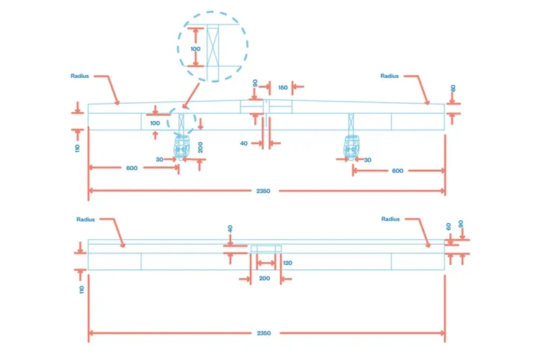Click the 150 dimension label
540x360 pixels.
tap(283, 88)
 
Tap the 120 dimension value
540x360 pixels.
tap(287, 263)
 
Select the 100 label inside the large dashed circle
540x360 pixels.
tap(195, 49)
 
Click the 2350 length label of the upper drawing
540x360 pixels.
tap(263, 191)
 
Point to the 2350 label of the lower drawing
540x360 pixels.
tap(264, 333)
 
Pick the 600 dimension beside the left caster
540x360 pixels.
tap(132, 168)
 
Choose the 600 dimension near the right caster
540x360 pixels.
tap(397, 171)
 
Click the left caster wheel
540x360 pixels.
tap(181, 148)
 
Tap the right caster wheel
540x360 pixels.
tap(351, 148)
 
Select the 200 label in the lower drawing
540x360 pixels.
tap(264, 279)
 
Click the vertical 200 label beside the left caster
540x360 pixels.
tap(200, 147)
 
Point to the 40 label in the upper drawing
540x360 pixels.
tap(244, 143)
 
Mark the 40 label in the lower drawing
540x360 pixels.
tap(230, 229)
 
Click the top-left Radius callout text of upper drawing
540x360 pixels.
tap(79, 76)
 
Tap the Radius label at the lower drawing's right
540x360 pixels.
tap(390, 219)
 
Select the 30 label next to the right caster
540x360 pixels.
tap(368, 160)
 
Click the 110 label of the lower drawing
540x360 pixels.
tap(81, 289)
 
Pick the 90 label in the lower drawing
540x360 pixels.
tap(461, 224)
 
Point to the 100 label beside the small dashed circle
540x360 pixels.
tap(155, 123)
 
